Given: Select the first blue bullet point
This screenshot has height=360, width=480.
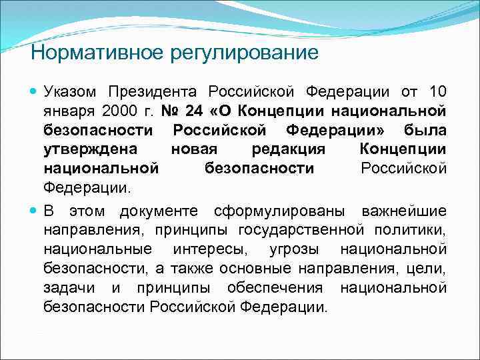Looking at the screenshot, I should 35,91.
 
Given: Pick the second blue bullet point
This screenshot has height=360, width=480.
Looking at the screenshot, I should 35,212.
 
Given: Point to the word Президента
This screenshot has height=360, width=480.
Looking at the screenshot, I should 155,91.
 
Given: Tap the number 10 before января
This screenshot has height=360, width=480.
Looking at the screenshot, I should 437,91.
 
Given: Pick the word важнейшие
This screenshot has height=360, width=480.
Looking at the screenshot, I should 404,212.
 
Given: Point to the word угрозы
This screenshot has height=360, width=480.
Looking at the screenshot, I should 295,250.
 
